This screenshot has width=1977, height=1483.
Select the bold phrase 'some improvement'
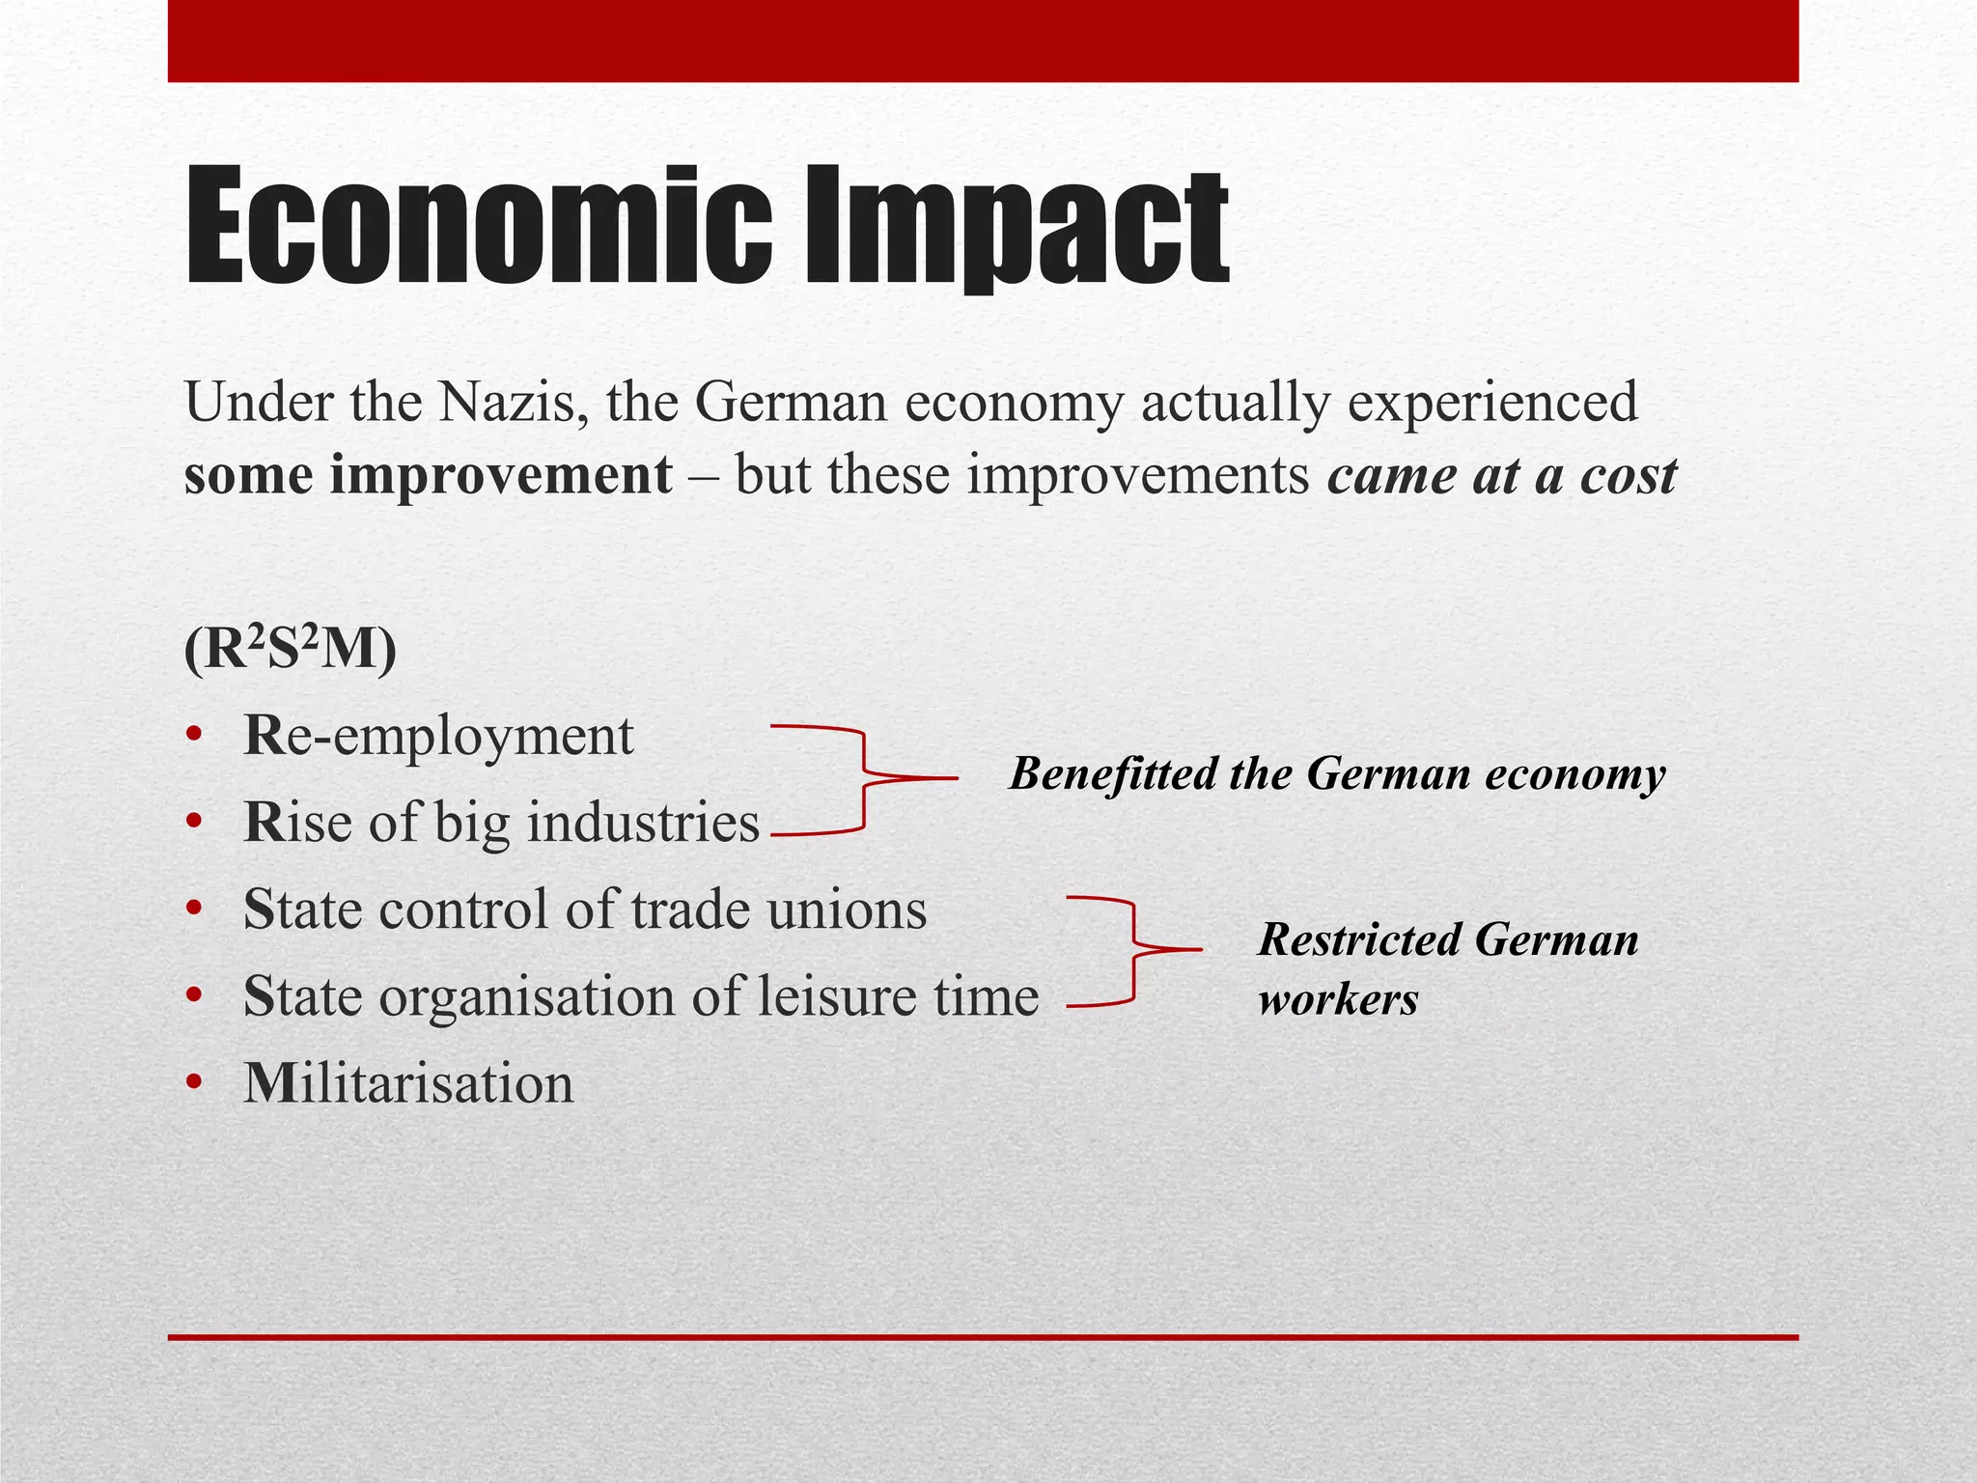coord(428,475)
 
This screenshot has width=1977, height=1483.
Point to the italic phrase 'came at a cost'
coord(1502,475)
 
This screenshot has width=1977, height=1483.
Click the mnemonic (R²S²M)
coord(290,650)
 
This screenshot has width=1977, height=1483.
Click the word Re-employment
coord(439,737)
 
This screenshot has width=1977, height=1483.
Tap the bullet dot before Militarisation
coord(195,1083)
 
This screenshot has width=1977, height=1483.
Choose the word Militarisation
coord(408,1083)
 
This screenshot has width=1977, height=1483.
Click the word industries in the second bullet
coord(644,823)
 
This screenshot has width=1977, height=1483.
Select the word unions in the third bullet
coord(847,909)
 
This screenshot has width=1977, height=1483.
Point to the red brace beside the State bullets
coord(1131,951)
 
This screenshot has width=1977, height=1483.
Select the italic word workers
coord(1339,998)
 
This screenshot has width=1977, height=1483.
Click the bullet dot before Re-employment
coord(195,737)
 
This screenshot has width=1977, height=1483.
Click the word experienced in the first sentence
coord(1492,402)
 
